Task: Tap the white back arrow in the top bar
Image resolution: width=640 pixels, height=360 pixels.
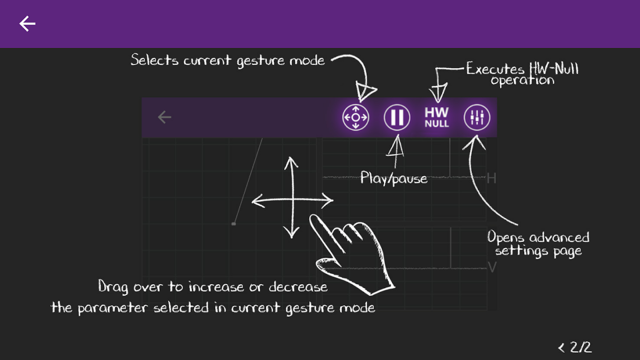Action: click(x=27, y=24)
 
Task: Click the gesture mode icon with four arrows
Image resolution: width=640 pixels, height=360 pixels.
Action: click(x=356, y=117)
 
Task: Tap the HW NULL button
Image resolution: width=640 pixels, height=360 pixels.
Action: click(x=437, y=117)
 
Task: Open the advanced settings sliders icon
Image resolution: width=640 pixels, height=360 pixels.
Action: click(x=477, y=118)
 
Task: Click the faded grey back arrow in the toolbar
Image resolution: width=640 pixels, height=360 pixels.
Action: click(x=164, y=117)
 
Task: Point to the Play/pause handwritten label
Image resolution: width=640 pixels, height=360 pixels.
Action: click(x=394, y=179)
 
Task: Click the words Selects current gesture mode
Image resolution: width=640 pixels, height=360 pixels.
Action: click(x=228, y=60)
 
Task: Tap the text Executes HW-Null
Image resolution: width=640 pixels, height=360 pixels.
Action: click(x=522, y=69)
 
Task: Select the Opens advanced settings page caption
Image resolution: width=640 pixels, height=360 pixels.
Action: click(x=538, y=243)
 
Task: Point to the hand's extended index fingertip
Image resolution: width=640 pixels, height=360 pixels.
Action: click(x=314, y=218)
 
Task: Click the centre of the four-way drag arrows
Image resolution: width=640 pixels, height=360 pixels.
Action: click(x=292, y=201)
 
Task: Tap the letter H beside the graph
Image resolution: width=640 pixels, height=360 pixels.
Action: click(x=491, y=179)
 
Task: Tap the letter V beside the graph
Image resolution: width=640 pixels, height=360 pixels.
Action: click(x=492, y=268)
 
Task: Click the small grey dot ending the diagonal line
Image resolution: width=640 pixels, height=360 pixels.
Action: click(x=233, y=224)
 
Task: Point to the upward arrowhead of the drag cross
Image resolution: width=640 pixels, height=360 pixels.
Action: click(x=292, y=161)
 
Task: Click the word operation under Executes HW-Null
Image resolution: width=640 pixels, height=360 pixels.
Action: click(x=522, y=81)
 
